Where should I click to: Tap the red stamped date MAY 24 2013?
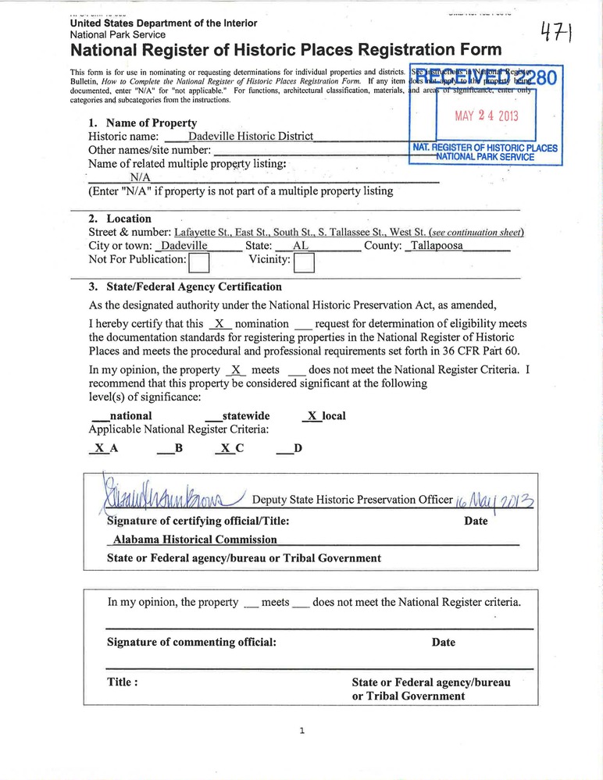click(487, 118)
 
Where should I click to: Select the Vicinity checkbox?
click(304, 262)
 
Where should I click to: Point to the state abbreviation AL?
click(300, 245)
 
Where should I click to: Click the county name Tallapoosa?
click(437, 245)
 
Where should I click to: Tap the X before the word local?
click(312, 416)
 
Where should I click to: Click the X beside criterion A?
click(99, 448)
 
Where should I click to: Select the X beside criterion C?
click(225, 448)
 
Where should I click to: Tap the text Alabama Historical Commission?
click(195, 539)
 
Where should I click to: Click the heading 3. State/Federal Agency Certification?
click(185, 287)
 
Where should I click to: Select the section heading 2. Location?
click(120, 219)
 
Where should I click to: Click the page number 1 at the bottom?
click(301, 731)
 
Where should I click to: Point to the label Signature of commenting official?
click(191, 643)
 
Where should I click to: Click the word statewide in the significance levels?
click(246, 416)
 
